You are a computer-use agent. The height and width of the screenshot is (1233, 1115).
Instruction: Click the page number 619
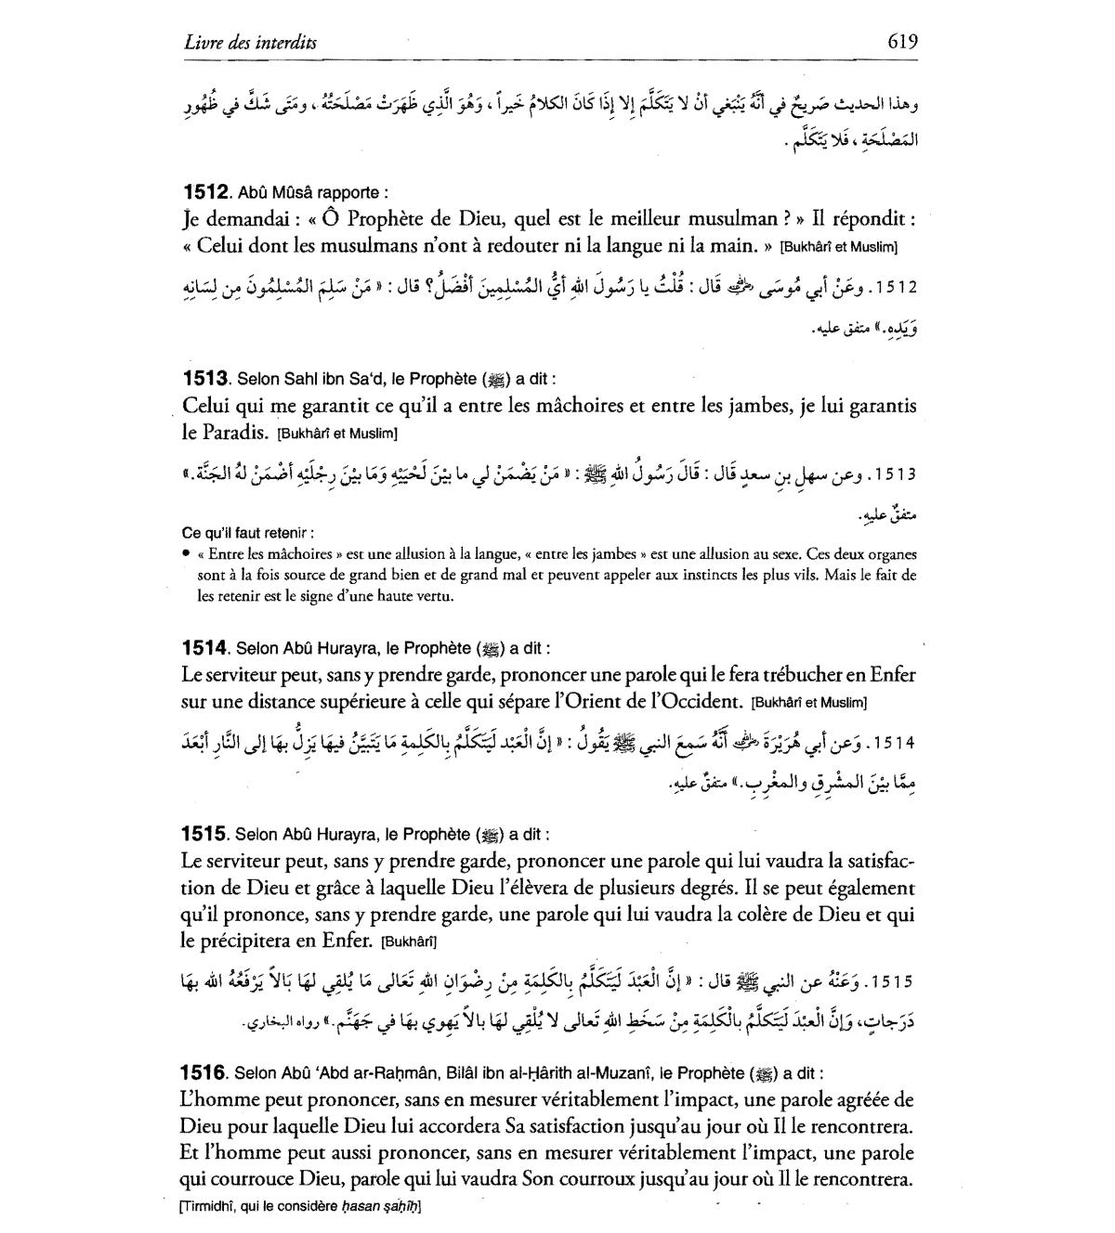(x=901, y=41)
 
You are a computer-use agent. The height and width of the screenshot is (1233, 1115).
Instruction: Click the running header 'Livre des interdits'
(x=251, y=43)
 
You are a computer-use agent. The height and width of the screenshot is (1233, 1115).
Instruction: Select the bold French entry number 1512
(x=205, y=193)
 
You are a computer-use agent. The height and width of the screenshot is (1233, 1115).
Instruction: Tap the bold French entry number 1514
(x=205, y=648)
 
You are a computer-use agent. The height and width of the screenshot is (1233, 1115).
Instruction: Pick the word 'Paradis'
(x=233, y=433)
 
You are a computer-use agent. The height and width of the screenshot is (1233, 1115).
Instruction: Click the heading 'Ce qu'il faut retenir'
(x=246, y=533)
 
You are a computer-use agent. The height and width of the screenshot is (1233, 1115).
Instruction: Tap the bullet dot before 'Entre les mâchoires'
(x=187, y=554)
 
